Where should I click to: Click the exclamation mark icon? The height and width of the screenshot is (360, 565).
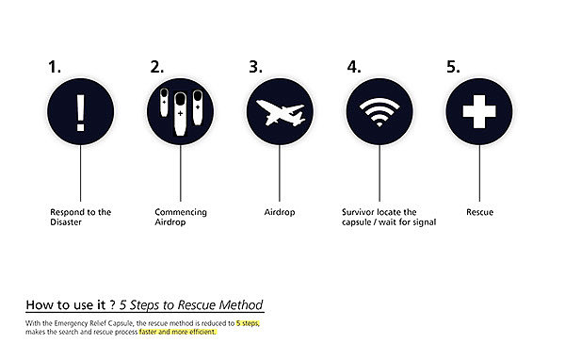(81, 113)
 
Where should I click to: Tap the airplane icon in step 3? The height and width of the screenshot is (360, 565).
(281, 112)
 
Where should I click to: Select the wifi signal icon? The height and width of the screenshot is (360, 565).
(379, 112)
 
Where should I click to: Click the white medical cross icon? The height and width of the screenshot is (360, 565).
(479, 112)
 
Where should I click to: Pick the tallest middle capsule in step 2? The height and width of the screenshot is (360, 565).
(180, 114)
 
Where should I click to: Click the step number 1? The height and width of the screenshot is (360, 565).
(55, 67)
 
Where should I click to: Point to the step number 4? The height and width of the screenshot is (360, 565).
(354, 67)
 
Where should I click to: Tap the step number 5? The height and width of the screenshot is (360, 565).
(453, 67)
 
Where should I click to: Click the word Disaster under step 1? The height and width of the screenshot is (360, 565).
(66, 222)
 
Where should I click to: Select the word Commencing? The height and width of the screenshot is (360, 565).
(181, 212)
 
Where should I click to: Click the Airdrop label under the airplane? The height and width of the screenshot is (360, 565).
(280, 212)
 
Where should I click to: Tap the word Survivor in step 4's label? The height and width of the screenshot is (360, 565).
(358, 212)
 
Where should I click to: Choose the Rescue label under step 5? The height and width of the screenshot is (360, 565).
(479, 212)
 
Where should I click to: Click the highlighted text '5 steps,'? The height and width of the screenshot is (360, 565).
(248, 323)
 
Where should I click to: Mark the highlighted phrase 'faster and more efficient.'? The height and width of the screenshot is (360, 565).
(178, 332)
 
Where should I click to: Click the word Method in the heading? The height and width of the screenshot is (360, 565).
(241, 305)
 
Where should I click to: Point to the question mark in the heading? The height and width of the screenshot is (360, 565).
(113, 305)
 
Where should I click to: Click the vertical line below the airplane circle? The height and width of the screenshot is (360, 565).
(280, 173)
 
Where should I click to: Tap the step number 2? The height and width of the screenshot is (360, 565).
(156, 67)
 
